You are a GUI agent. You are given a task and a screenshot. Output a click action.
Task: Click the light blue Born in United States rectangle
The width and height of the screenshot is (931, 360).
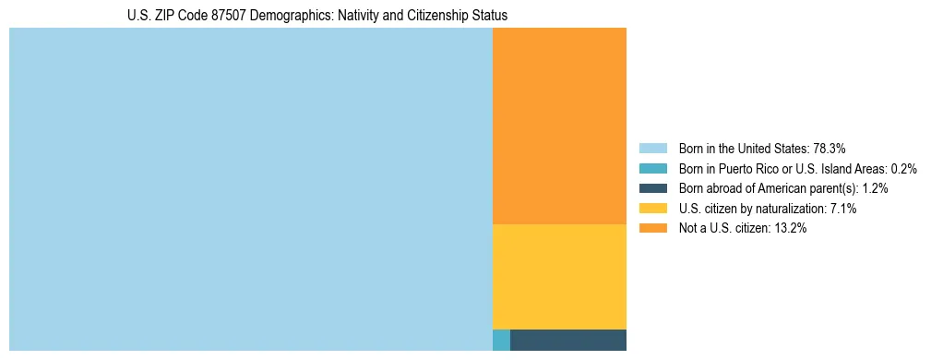(250, 189)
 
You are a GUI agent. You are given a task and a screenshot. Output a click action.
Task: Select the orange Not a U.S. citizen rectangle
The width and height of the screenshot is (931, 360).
(559, 126)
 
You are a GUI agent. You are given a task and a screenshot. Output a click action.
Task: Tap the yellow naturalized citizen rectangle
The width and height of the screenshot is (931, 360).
(559, 276)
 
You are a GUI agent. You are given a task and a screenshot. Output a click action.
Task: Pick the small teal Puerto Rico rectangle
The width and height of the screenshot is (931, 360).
(501, 340)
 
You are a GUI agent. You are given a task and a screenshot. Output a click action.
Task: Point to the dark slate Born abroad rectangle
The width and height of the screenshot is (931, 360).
(567, 340)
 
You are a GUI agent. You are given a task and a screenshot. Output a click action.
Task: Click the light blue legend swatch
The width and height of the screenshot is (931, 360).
(652, 149)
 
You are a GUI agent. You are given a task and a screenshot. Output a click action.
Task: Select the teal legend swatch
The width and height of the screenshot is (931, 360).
(652, 169)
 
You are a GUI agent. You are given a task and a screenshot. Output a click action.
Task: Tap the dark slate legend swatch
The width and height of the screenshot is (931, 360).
(652, 188)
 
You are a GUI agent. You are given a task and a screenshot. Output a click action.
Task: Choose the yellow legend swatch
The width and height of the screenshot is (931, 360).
(652, 209)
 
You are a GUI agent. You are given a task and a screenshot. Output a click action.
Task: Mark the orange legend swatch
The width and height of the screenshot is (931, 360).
(652, 228)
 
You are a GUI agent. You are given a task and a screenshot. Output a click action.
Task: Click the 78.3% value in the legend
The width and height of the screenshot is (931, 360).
(829, 149)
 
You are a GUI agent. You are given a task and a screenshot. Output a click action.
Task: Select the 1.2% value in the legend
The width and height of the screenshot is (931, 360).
(875, 188)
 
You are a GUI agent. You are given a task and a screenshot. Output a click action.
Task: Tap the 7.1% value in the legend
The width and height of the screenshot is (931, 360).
(843, 209)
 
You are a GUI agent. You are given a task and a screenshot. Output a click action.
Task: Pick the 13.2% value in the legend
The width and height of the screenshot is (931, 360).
(791, 228)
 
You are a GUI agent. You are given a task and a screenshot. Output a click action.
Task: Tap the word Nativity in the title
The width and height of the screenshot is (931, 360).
(360, 16)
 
